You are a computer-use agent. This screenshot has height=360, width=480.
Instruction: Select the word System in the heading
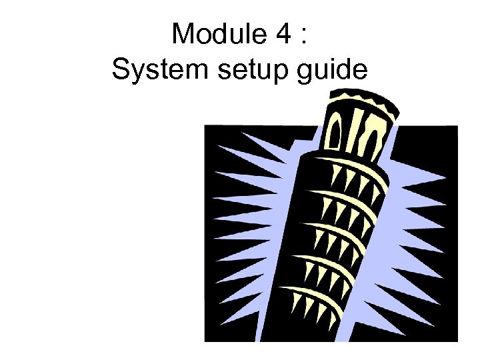pos(153,69)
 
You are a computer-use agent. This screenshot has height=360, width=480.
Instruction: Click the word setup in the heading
pos(246,70)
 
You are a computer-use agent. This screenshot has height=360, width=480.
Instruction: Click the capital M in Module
pos(184,34)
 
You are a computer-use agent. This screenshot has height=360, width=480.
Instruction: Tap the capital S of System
pos(121,69)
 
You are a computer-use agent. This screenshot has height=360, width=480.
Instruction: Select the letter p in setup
pos(276,71)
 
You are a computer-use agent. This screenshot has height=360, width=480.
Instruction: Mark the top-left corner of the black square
pos(205,125)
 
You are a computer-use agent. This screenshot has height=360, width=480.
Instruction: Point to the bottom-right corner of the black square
pos(457,341)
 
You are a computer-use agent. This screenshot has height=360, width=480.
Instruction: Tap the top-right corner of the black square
pos(457,125)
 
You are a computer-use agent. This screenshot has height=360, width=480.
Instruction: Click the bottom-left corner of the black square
pos(205,341)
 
